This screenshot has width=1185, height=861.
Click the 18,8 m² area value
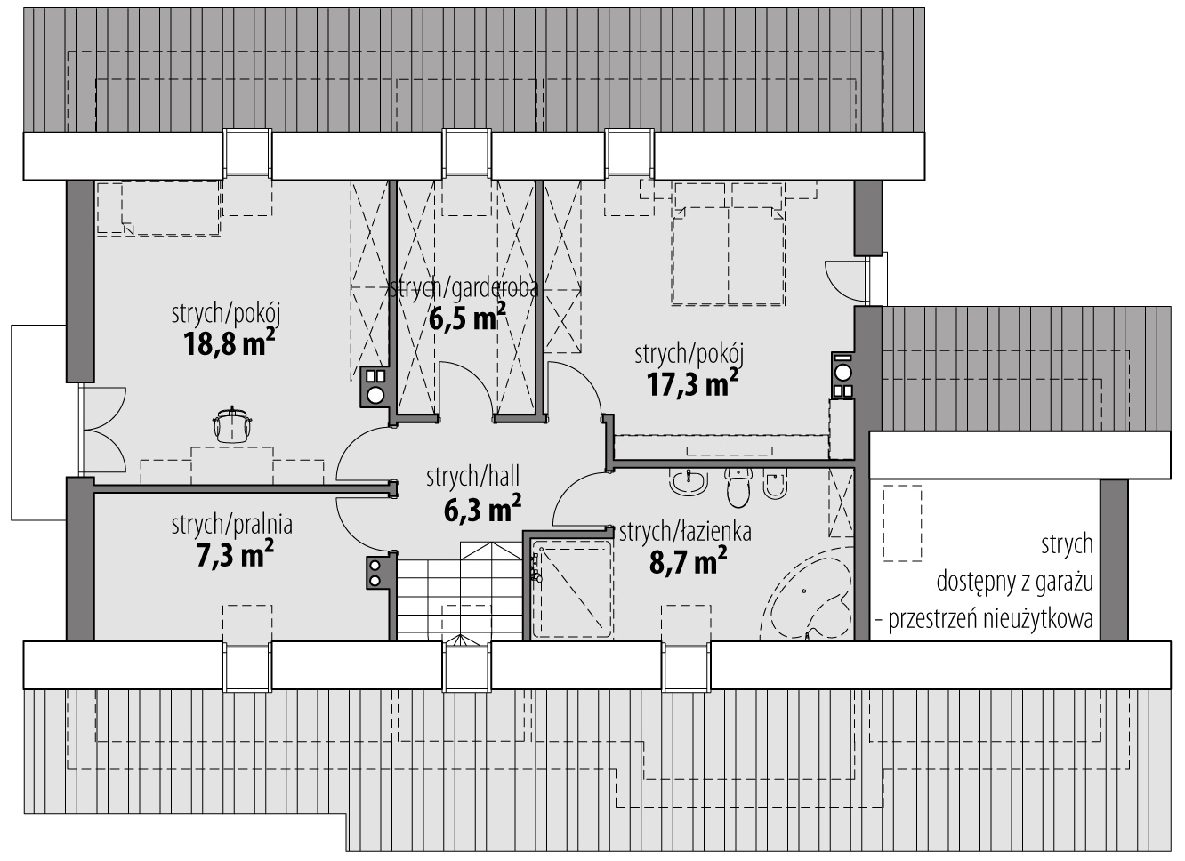pyautogui.click(x=229, y=343)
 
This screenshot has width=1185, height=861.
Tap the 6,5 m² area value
pyautogui.click(x=467, y=317)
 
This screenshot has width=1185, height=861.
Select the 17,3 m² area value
pyautogui.click(x=692, y=384)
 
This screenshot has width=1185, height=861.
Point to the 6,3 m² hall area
pyautogui.click(x=482, y=509)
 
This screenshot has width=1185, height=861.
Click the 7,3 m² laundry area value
pyautogui.click(x=235, y=554)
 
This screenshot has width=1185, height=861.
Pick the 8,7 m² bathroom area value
pyautogui.click(x=688, y=560)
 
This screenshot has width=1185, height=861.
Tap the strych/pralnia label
pyautogui.click(x=231, y=525)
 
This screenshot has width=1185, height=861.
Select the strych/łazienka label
pyautogui.click(x=685, y=532)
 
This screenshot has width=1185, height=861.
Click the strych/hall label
pyautogui.click(x=473, y=477)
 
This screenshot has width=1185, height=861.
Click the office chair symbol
pyautogui.click(x=231, y=423)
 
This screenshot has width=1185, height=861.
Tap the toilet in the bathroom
pyautogui.click(x=738, y=487)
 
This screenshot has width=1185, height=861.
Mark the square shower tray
pyautogui.click(x=572, y=589)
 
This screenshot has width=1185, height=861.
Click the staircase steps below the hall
pyautogui.click(x=460, y=591)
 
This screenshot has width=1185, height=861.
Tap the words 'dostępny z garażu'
pyautogui.click(x=1014, y=582)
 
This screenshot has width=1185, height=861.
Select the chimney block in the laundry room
pyautogui.click(x=380, y=572)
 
